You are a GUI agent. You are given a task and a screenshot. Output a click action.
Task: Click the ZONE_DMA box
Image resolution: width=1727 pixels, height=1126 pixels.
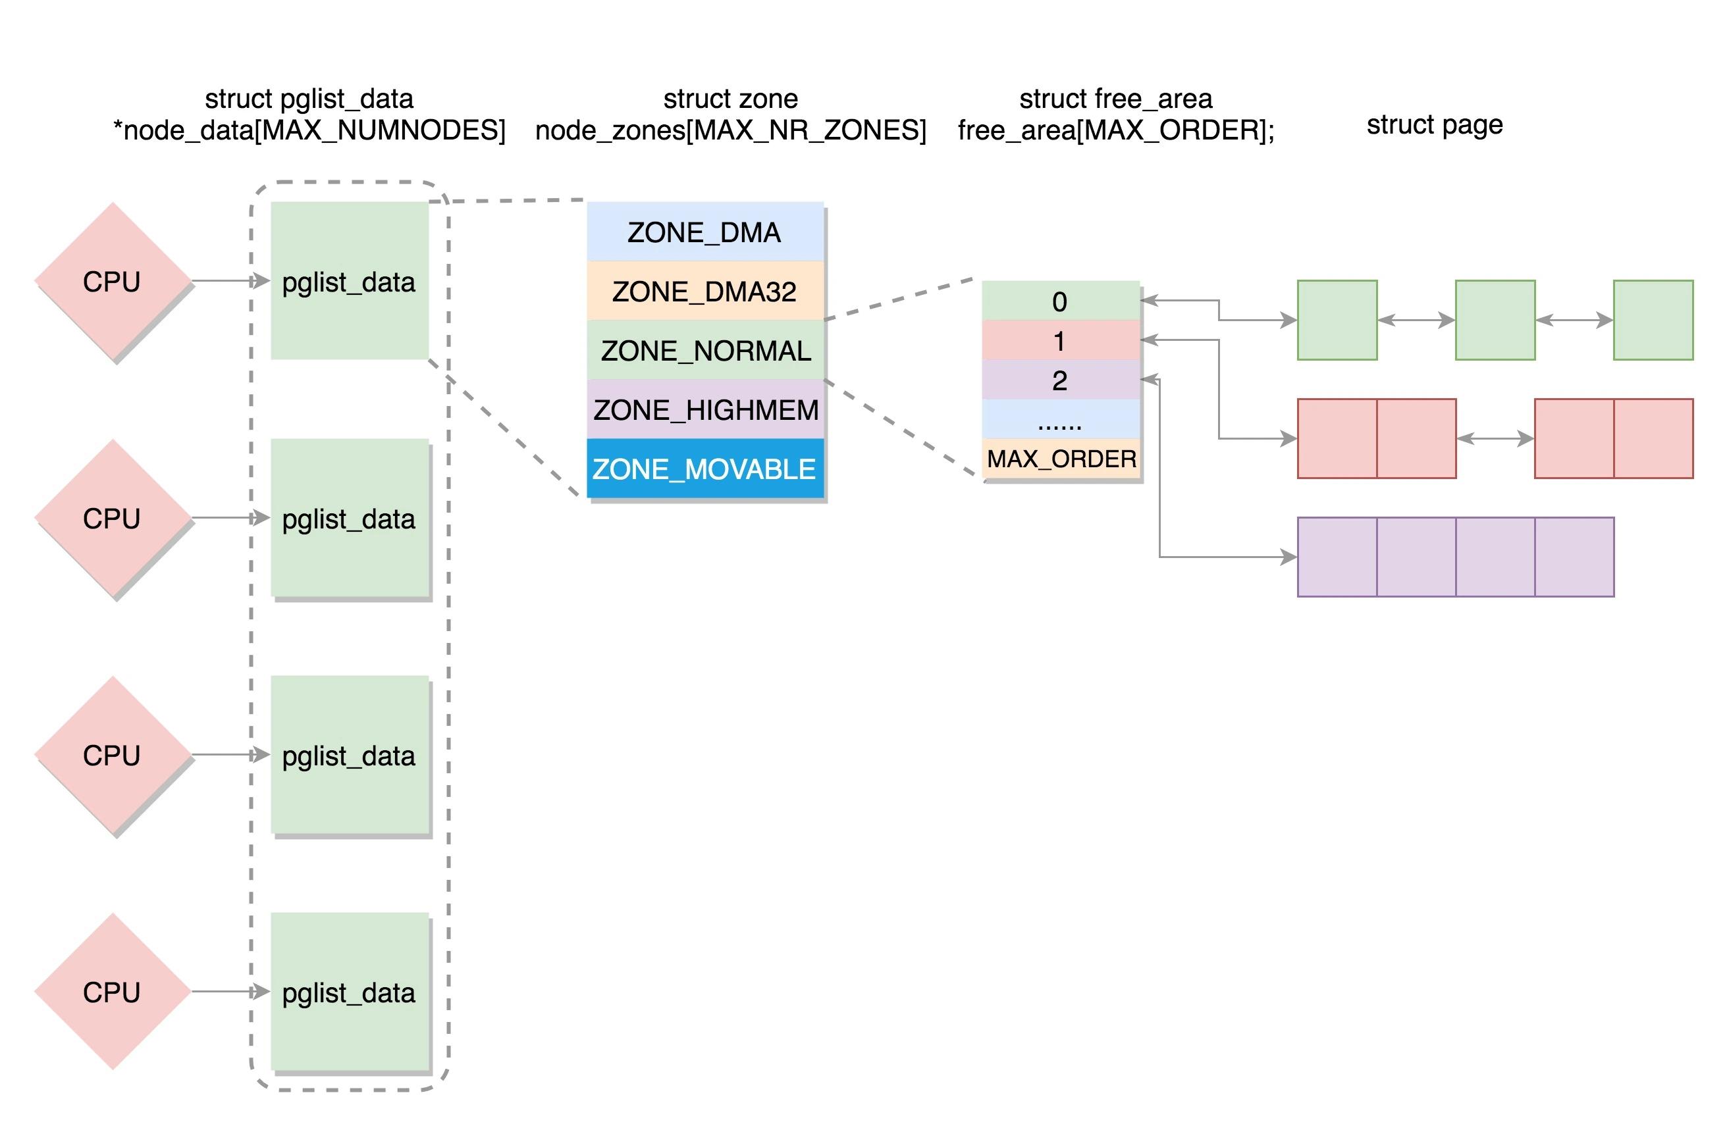point(704,232)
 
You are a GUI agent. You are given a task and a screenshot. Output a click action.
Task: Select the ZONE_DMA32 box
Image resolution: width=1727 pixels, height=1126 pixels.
point(704,292)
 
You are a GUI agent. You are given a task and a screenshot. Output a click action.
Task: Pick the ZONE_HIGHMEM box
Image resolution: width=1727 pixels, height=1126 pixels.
point(704,411)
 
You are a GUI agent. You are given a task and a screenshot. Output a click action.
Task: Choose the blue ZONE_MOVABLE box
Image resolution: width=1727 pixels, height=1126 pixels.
point(704,469)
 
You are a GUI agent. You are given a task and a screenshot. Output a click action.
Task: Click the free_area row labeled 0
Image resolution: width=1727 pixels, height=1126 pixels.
point(1060,301)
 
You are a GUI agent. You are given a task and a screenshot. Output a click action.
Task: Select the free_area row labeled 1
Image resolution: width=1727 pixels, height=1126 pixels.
point(1060,340)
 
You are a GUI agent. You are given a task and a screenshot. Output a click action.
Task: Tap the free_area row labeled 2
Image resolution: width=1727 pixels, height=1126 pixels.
point(1060,380)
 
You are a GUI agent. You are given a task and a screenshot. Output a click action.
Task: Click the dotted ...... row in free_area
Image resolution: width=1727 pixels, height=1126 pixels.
point(1060,419)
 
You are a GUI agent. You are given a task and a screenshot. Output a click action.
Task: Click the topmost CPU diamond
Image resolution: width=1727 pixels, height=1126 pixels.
point(113,282)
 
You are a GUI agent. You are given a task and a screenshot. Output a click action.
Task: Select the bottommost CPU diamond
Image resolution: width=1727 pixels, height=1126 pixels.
point(113,992)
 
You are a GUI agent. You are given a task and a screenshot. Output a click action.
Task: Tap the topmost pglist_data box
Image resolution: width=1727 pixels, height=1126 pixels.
point(349,282)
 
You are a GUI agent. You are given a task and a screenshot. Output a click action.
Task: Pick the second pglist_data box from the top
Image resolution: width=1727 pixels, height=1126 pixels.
point(349,518)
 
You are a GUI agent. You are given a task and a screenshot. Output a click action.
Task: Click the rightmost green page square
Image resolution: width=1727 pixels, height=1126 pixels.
point(1653,320)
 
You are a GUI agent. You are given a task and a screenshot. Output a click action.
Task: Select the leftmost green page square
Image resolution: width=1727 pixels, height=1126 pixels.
point(1337,320)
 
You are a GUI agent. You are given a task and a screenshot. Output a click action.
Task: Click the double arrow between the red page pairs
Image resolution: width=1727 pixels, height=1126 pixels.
point(1495,438)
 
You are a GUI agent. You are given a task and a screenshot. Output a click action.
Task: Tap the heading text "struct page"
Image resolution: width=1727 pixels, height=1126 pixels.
point(1434,125)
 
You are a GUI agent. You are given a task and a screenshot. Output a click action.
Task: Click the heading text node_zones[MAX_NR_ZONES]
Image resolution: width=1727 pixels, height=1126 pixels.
point(731,130)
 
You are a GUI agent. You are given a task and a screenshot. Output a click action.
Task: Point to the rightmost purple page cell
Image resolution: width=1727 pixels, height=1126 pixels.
point(1574,557)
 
